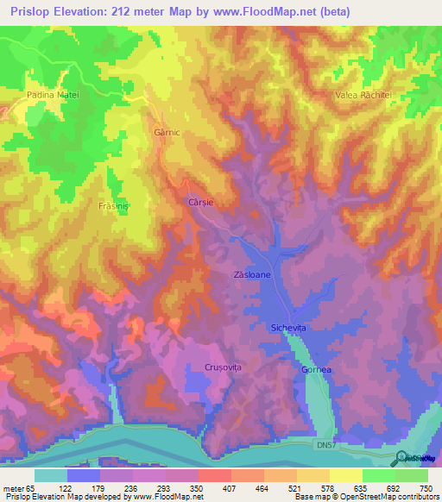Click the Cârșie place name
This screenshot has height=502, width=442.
pyautogui.click(x=201, y=202)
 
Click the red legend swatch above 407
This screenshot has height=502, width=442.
pyautogui.click(x=214, y=475)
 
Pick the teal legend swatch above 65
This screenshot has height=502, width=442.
pyautogui.click(x=51, y=475)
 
